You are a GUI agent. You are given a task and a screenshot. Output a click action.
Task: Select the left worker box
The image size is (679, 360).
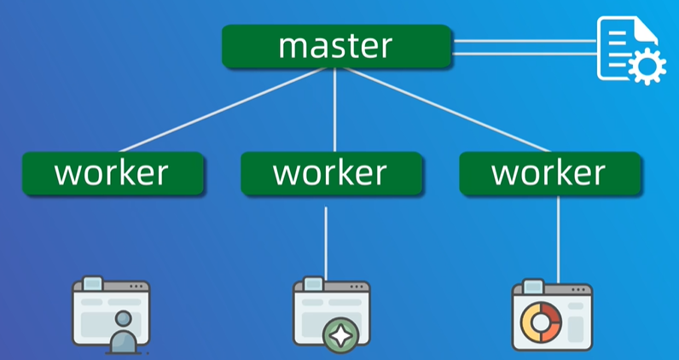(x=113, y=173)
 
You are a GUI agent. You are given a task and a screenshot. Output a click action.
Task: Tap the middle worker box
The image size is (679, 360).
(x=331, y=173)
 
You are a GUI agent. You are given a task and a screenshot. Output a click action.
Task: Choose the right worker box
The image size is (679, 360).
(x=549, y=173)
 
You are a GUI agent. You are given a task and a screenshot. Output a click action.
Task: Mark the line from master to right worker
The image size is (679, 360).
(x=444, y=110)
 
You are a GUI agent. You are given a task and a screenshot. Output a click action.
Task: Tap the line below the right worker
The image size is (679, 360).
(x=559, y=239)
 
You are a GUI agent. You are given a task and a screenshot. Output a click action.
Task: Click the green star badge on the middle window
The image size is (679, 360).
(x=340, y=334)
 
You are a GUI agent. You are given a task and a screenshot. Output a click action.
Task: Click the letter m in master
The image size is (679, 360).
(x=294, y=46)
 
